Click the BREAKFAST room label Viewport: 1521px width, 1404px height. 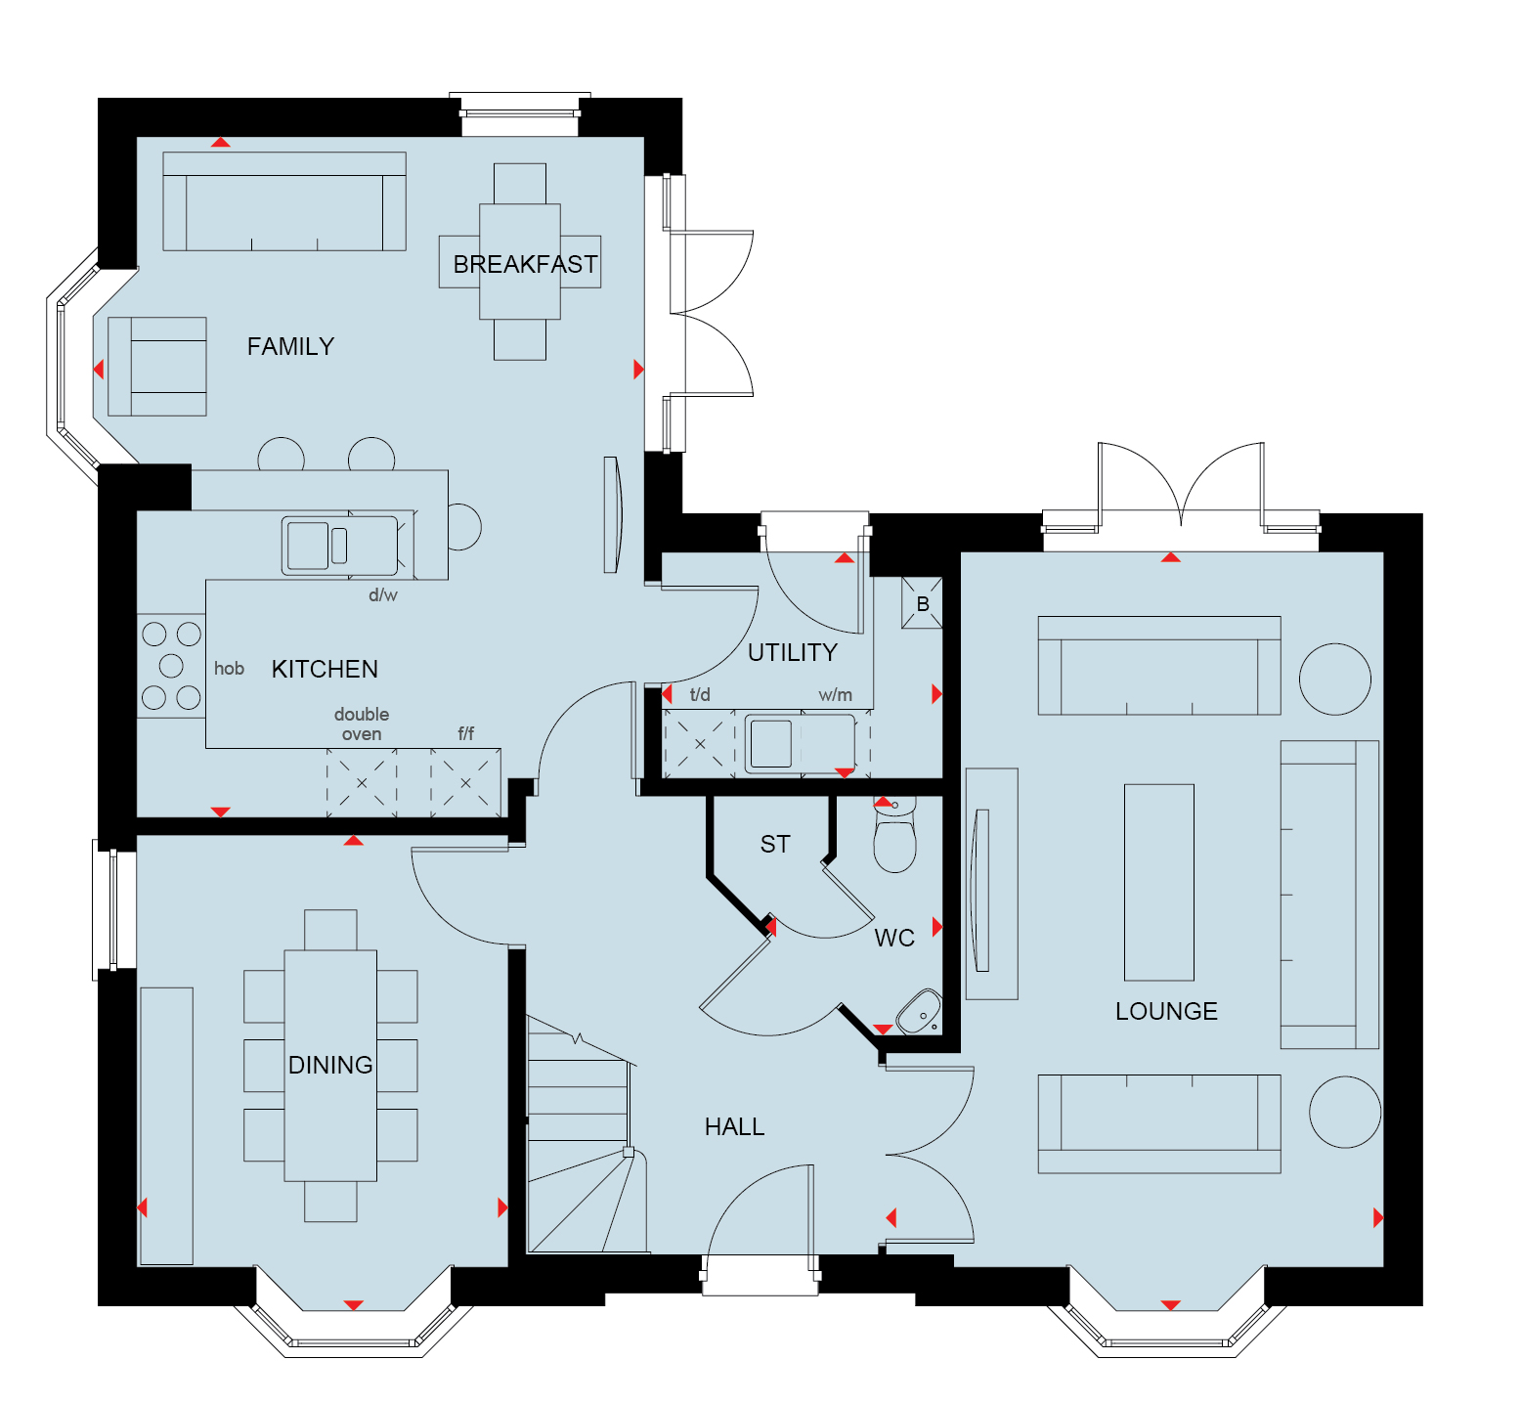tap(525, 265)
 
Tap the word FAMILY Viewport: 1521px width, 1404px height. tap(290, 347)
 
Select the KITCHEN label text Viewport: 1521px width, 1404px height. tap(325, 670)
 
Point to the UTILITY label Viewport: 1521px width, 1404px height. tap(793, 653)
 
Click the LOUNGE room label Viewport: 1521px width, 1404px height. tap(1166, 1012)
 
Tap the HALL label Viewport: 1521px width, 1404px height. tap(735, 1127)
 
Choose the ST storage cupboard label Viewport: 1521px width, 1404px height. tap(775, 845)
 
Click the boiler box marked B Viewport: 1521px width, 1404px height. tap(922, 603)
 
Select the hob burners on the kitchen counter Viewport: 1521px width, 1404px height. tap(171, 666)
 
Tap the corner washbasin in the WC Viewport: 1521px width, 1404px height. tap(919, 1012)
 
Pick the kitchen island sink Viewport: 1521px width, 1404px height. tap(339, 546)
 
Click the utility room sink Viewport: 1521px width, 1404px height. tap(801, 743)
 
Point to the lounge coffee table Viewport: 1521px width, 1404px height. tap(1159, 882)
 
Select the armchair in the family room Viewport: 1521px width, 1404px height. tap(157, 367)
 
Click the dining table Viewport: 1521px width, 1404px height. tap(330, 1066)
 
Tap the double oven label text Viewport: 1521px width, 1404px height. tap(362, 724)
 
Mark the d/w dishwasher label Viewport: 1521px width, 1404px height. tap(383, 594)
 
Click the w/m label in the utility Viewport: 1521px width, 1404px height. tap(836, 695)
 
